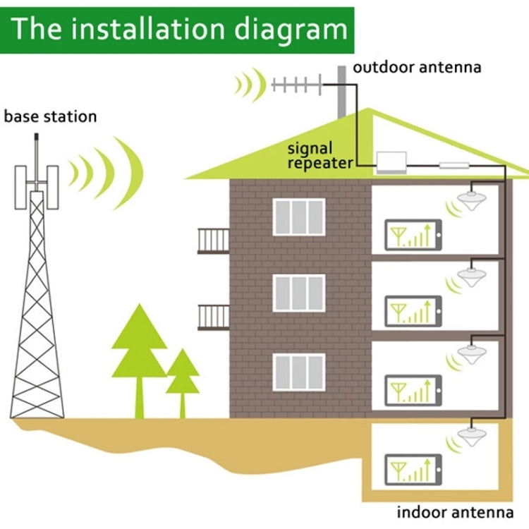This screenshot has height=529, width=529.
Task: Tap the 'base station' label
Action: point(50,116)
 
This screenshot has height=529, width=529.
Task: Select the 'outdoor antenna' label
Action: point(417,68)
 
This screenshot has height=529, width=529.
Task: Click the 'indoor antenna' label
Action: point(455,513)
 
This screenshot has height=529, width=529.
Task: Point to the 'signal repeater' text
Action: point(320,156)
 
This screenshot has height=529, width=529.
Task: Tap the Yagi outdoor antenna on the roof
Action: point(297,87)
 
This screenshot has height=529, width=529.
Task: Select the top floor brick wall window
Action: point(299,217)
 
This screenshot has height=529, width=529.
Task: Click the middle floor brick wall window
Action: point(299,293)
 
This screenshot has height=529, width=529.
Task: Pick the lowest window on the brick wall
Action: point(299,372)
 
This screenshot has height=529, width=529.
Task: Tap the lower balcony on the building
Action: point(213,317)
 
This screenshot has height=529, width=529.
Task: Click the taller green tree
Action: point(139,353)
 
